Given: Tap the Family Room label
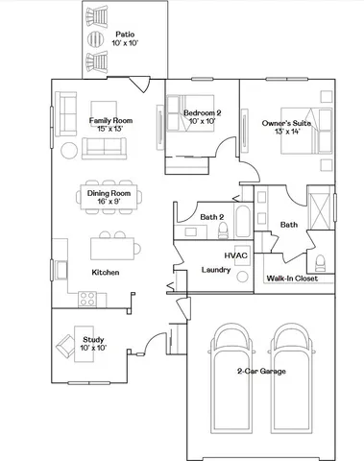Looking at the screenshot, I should tap(108, 125).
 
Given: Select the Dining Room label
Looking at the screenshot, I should tap(109, 197).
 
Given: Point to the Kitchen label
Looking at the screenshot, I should tap(105, 273).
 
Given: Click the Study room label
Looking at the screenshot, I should tap(92, 343).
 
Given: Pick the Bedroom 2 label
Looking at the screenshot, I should tap(202, 116).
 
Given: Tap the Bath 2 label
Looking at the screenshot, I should tap(212, 217).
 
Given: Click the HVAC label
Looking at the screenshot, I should tap(237, 255).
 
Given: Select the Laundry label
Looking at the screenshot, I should tap(215, 270).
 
